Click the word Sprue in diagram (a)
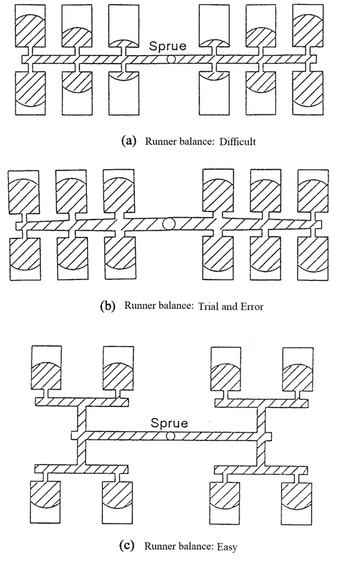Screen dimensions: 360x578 (168, 46)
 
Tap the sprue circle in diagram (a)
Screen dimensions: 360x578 (171, 59)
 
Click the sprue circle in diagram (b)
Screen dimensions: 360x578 (169, 224)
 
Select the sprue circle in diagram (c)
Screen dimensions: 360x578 (170, 436)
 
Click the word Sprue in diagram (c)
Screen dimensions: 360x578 (169, 423)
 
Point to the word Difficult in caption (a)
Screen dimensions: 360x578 (238, 142)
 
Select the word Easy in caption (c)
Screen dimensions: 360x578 (227, 546)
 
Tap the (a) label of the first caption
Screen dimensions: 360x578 (129, 141)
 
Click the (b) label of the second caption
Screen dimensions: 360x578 (107, 306)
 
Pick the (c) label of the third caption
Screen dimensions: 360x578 (126, 545)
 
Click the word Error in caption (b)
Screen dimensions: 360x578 (252, 306)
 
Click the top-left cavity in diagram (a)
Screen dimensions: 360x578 (30, 26)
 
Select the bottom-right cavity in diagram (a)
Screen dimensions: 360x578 (308, 93)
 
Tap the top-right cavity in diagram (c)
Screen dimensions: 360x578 (298, 369)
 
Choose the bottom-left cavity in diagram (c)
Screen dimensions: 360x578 (45, 501)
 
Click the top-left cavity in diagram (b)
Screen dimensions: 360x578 (24, 192)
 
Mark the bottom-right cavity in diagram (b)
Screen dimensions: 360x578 (313, 258)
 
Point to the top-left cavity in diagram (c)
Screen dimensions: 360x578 (46, 368)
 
